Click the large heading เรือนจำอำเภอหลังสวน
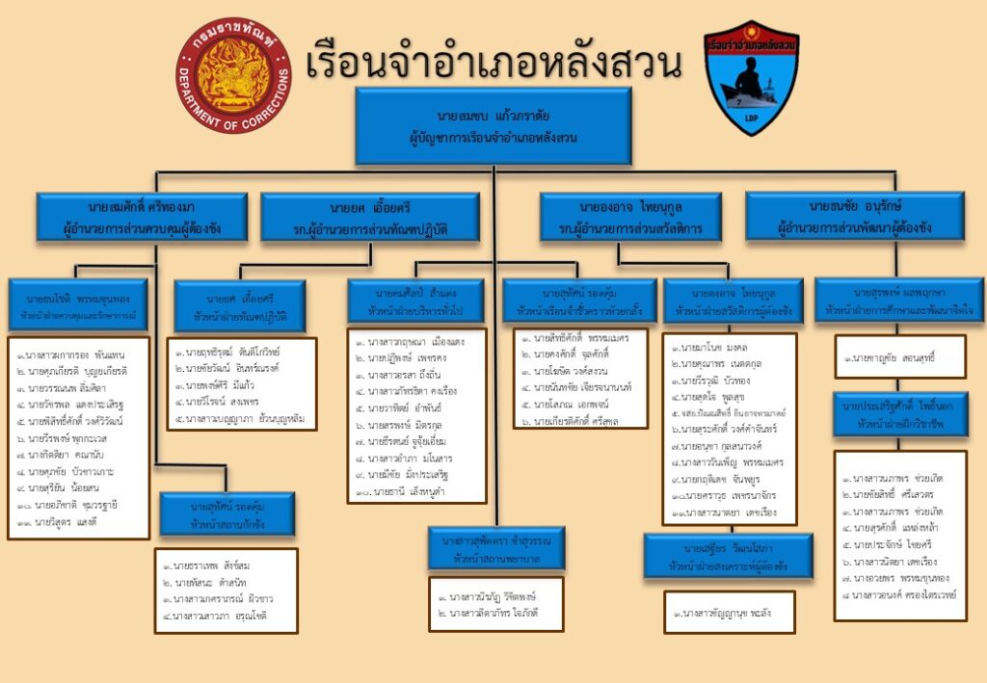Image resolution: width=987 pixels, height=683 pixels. (x=493, y=65)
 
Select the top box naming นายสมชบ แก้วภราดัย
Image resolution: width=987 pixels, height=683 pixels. (x=493, y=125)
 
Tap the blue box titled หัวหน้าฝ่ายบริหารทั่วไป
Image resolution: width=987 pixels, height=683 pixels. (x=415, y=302)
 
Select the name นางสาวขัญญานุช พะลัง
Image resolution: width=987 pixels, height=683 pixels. (x=729, y=612)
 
